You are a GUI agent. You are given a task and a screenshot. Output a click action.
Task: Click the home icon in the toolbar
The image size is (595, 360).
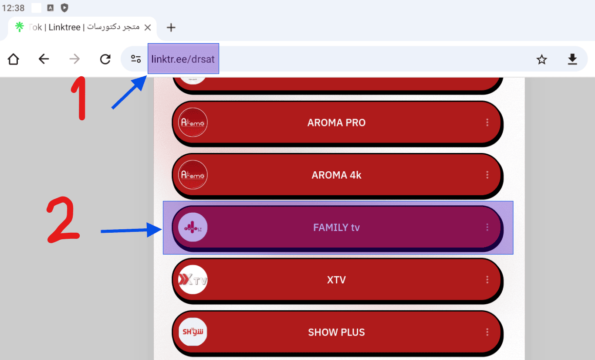click(13, 59)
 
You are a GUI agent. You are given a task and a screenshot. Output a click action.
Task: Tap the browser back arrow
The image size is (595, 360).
click(44, 59)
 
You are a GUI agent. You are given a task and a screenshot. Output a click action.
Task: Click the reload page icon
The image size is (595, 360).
click(105, 59)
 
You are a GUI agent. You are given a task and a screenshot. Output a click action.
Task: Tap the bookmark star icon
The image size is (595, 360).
click(541, 59)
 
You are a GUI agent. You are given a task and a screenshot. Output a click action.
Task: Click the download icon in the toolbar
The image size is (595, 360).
click(572, 59)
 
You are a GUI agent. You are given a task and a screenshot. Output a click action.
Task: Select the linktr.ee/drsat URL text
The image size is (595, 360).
click(183, 59)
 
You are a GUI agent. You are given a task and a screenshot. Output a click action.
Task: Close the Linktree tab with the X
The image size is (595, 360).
click(148, 27)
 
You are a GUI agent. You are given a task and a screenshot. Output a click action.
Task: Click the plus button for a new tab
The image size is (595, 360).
click(171, 27)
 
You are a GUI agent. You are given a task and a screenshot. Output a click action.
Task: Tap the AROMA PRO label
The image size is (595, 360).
click(337, 122)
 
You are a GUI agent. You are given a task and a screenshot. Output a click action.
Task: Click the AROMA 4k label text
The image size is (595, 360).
click(337, 175)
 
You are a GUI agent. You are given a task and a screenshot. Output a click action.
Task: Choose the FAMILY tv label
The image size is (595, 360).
click(337, 228)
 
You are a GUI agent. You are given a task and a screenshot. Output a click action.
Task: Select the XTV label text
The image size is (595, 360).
click(337, 280)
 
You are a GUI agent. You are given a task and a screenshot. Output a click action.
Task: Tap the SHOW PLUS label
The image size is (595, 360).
click(337, 332)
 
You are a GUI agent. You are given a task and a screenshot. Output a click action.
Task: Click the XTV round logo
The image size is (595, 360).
click(193, 280)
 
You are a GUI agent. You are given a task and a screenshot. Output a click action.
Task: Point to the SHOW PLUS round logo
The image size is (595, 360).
click(193, 332)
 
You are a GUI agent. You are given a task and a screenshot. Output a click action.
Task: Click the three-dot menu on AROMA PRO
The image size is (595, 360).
click(487, 122)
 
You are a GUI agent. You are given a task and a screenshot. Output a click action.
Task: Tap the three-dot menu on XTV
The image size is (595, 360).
click(487, 280)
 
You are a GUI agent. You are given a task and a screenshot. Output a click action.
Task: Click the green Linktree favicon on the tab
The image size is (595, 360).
click(20, 27)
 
